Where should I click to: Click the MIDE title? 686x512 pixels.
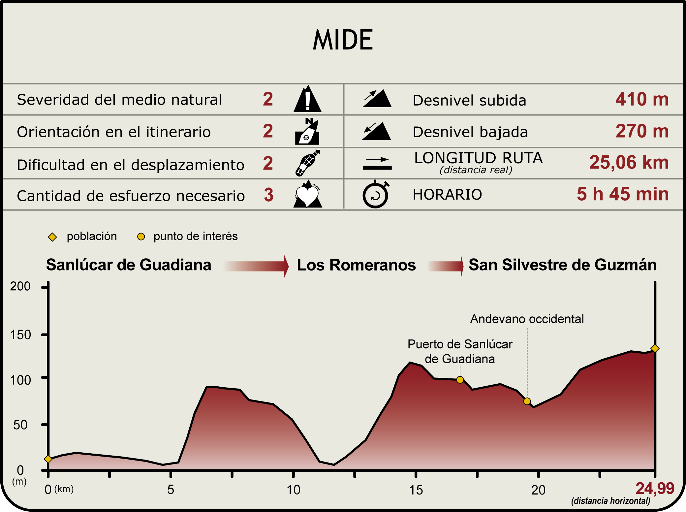[x=343, y=40]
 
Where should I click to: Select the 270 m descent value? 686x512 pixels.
[x=642, y=131]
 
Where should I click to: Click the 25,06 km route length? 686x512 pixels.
[x=629, y=162]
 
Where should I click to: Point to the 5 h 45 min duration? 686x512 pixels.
[x=622, y=194]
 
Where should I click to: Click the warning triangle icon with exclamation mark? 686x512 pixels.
[x=307, y=99]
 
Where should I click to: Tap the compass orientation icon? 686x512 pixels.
[x=307, y=132]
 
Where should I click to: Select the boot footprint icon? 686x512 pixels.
[x=307, y=163]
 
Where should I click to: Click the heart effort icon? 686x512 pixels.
[x=307, y=195]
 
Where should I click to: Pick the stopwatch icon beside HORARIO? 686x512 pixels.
[x=376, y=195]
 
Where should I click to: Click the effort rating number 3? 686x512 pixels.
[x=268, y=195]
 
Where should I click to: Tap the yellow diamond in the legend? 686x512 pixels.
[x=52, y=237]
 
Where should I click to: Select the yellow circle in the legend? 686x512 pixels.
[x=141, y=237]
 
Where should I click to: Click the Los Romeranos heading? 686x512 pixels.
[x=356, y=265]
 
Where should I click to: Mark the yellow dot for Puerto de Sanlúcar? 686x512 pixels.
[x=460, y=380]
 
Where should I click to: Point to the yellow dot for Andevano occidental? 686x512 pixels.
[x=527, y=401]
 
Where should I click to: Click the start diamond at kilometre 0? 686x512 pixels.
[x=48, y=459]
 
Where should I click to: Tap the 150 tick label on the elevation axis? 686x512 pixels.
[x=20, y=335]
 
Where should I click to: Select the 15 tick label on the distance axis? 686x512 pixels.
[x=416, y=490]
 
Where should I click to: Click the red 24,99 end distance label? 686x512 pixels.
[x=655, y=489]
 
